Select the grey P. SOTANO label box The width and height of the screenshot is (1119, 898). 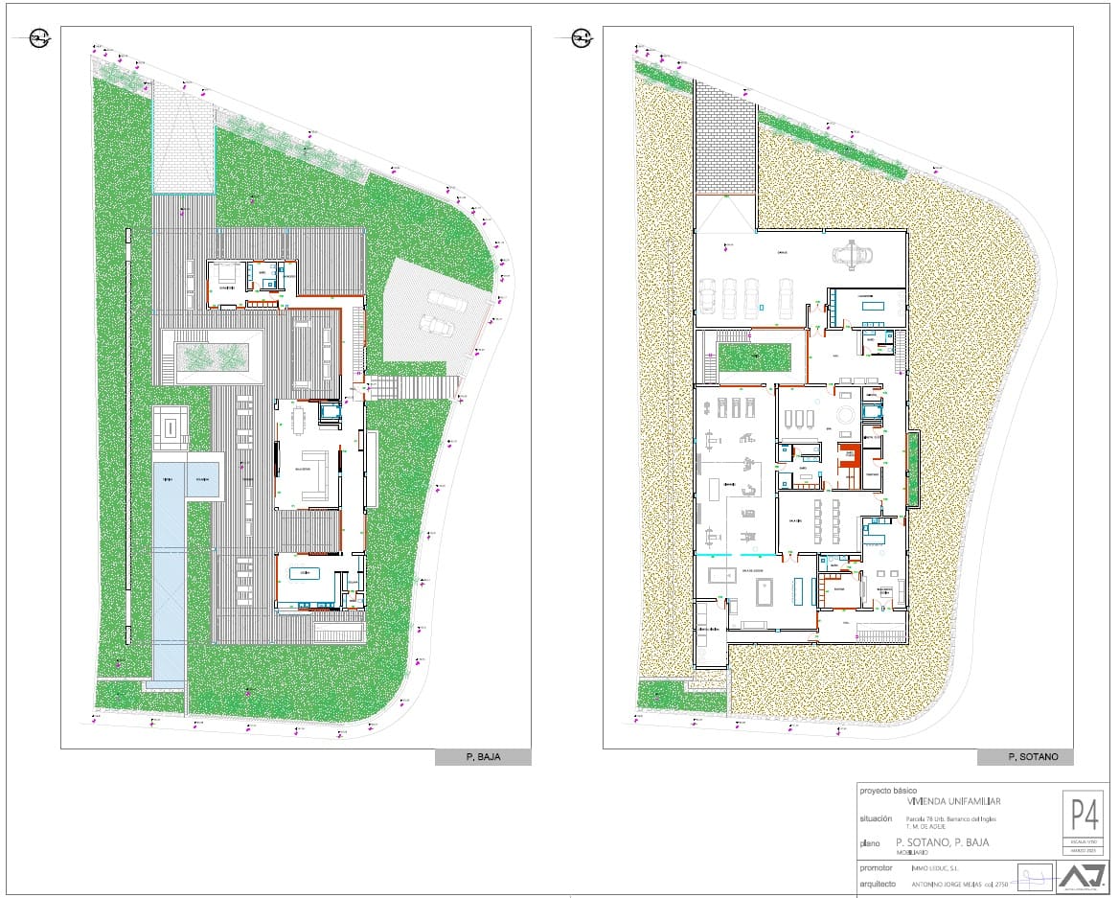tap(1025, 757)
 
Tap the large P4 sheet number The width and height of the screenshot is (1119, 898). tap(1084, 816)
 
